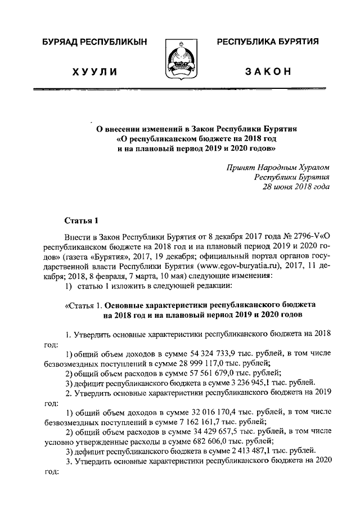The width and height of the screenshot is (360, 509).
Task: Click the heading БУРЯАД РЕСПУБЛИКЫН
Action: pos(94,43)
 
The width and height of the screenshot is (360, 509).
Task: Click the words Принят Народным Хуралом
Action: pos(278,167)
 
